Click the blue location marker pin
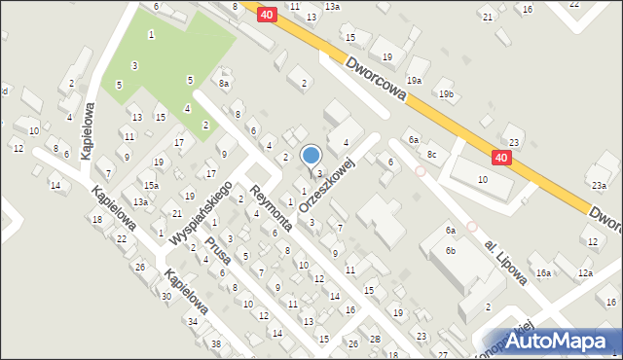[x=311, y=156]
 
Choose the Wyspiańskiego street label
[x=199, y=213]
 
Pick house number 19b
[x=446, y=94]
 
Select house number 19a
[x=415, y=80]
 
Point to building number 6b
[x=451, y=251]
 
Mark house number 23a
[x=598, y=185]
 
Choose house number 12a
[x=584, y=273]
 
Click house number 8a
[x=224, y=84]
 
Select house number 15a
[x=151, y=185]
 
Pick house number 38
[x=216, y=344]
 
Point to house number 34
[x=193, y=321]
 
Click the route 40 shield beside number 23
[x=500, y=158]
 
